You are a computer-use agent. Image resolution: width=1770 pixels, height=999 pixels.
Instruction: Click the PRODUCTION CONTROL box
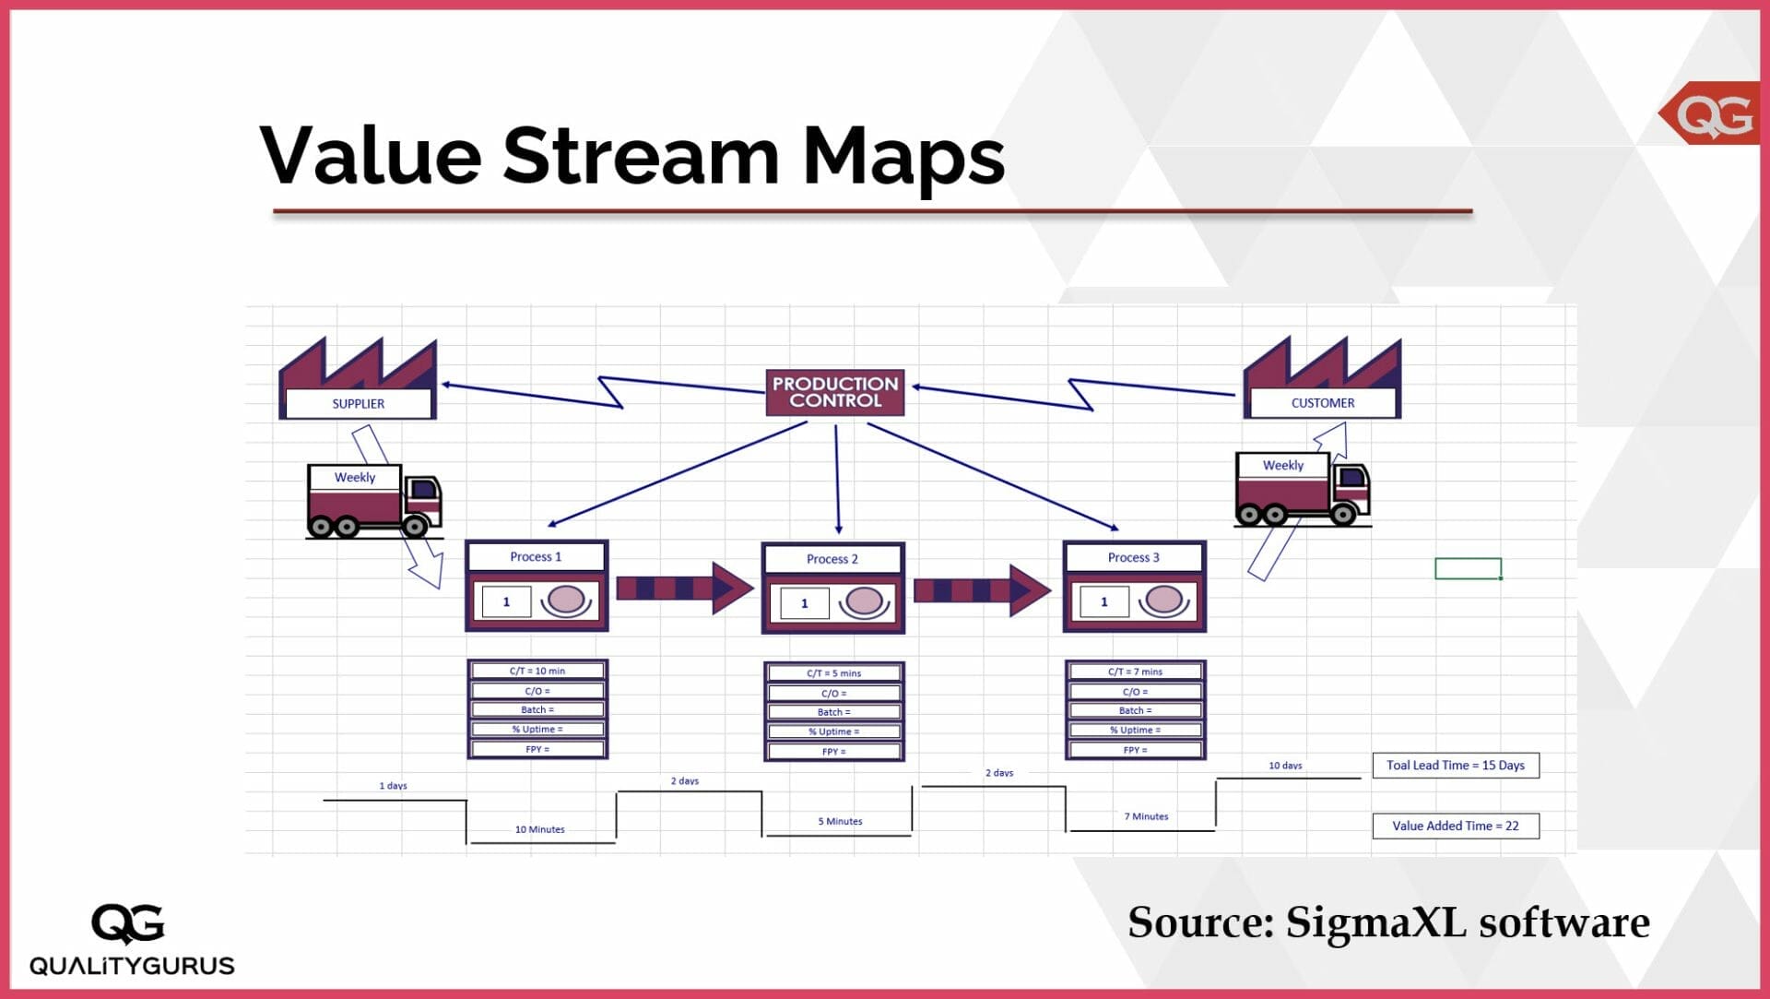click(x=834, y=392)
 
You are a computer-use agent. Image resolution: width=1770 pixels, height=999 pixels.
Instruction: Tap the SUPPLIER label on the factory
click(x=359, y=404)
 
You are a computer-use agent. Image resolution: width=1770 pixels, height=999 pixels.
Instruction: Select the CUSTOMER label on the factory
click(x=1322, y=403)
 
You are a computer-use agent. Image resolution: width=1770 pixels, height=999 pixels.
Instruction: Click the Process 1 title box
click(x=536, y=557)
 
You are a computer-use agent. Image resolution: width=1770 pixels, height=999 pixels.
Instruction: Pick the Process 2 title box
click(x=832, y=559)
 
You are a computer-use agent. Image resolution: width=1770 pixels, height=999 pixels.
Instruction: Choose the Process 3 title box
click(x=1134, y=558)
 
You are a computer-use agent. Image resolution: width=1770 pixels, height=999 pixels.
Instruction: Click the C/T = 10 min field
click(x=537, y=671)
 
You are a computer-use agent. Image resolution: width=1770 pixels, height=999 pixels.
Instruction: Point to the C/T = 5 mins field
click(x=833, y=673)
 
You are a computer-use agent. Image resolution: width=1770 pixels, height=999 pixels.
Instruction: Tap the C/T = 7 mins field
click(x=1135, y=672)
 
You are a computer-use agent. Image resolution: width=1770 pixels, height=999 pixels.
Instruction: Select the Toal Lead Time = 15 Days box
click(x=1456, y=766)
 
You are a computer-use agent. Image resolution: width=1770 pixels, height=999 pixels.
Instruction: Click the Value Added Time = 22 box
click(x=1456, y=827)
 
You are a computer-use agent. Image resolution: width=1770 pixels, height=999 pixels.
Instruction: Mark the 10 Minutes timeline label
click(x=540, y=829)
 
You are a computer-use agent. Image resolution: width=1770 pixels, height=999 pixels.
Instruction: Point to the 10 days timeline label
click(x=1285, y=766)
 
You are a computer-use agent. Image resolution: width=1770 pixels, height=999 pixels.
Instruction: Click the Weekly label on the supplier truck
click(x=355, y=478)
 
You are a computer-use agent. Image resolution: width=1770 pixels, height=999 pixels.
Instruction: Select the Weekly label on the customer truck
click(x=1283, y=466)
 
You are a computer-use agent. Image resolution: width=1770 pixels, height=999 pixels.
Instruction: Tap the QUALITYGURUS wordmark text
click(x=132, y=966)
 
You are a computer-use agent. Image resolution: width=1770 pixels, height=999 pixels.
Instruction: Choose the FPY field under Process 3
click(x=1135, y=750)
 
